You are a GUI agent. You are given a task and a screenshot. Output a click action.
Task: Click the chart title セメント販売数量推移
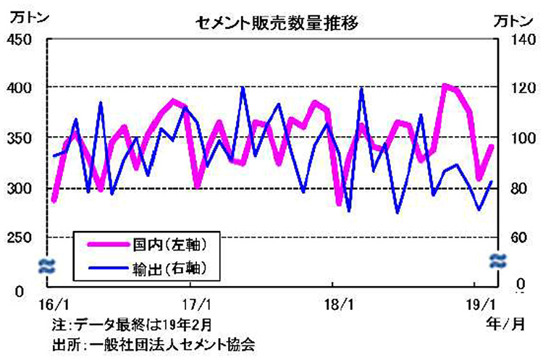(277, 22)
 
